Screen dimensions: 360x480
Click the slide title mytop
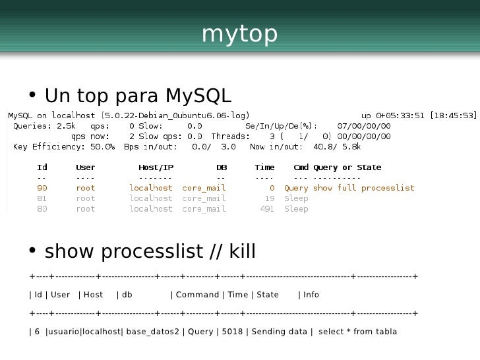click(239, 35)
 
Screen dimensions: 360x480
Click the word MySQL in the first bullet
click(198, 96)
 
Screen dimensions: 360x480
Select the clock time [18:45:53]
click(453, 115)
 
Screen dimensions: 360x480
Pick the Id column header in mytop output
click(42, 167)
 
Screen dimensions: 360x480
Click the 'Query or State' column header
click(347, 167)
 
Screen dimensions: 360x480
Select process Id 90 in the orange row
click(42, 188)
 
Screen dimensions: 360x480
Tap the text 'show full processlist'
click(363, 188)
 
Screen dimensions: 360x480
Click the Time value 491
click(266, 209)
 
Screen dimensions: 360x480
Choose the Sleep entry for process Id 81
click(296, 198)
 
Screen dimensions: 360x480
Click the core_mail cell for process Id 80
click(204, 209)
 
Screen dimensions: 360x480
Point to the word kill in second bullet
click(241, 251)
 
